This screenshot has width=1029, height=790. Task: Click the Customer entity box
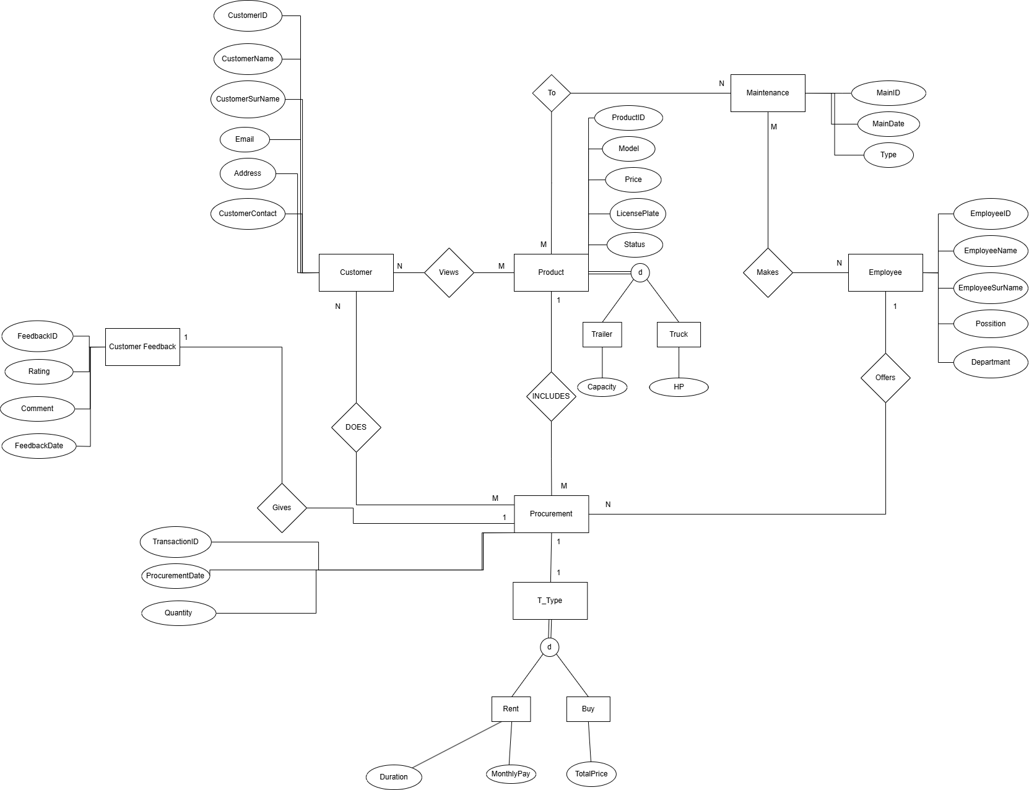(356, 272)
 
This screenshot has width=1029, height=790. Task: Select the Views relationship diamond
(449, 272)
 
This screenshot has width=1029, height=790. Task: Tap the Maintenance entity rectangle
(768, 93)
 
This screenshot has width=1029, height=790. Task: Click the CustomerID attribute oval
(248, 15)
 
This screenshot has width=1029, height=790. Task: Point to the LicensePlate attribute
(638, 214)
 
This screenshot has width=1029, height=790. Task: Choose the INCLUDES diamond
(551, 396)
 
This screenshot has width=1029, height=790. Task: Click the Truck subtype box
(679, 334)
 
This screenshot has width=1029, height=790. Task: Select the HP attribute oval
(679, 387)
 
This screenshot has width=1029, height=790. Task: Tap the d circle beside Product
(640, 272)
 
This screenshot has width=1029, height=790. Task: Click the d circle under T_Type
(549, 648)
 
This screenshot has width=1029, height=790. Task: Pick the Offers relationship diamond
(885, 378)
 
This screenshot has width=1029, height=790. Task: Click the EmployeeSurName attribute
(991, 288)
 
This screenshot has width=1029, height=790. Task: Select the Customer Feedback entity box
(142, 347)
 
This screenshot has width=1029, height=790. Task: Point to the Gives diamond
(282, 508)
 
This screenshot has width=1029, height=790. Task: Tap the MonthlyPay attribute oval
(511, 774)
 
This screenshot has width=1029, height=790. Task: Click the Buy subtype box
(588, 709)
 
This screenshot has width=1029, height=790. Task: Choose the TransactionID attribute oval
(176, 542)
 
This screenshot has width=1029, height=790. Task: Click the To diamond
(552, 93)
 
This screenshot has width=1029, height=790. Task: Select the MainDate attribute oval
(888, 124)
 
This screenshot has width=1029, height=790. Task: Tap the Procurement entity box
(551, 514)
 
